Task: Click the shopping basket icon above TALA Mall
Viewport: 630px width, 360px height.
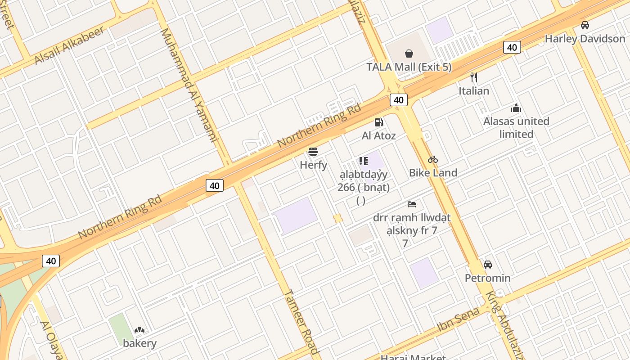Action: [x=409, y=54]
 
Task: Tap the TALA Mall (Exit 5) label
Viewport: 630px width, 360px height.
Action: [x=409, y=67]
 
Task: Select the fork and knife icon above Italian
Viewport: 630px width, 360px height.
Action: [x=473, y=77]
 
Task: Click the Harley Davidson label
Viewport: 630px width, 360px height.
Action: [x=585, y=39]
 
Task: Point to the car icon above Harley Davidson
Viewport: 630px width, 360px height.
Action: [x=585, y=25]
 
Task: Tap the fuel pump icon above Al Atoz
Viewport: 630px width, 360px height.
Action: [x=379, y=122]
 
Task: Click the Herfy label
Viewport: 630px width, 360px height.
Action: [x=314, y=165]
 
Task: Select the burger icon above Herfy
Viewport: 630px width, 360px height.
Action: [x=313, y=152]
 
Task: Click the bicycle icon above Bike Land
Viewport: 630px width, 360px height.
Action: [x=433, y=159]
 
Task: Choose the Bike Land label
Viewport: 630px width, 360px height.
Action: [x=433, y=172]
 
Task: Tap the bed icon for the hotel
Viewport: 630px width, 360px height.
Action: [x=412, y=204]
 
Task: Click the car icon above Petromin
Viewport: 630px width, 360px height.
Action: [x=488, y=265]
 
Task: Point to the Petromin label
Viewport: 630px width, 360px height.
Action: [x=488, y=278]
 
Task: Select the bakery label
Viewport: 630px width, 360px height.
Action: [x=140, y=343]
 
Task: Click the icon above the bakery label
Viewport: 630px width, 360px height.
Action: [x=139, y=330]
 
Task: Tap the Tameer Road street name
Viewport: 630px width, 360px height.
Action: [x=301, y=322]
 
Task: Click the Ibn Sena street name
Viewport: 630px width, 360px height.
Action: [x=459, y=319]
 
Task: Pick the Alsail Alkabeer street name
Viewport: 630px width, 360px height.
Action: [x=70, y=45]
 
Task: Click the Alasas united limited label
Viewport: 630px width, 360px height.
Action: [x=516, y=127]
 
